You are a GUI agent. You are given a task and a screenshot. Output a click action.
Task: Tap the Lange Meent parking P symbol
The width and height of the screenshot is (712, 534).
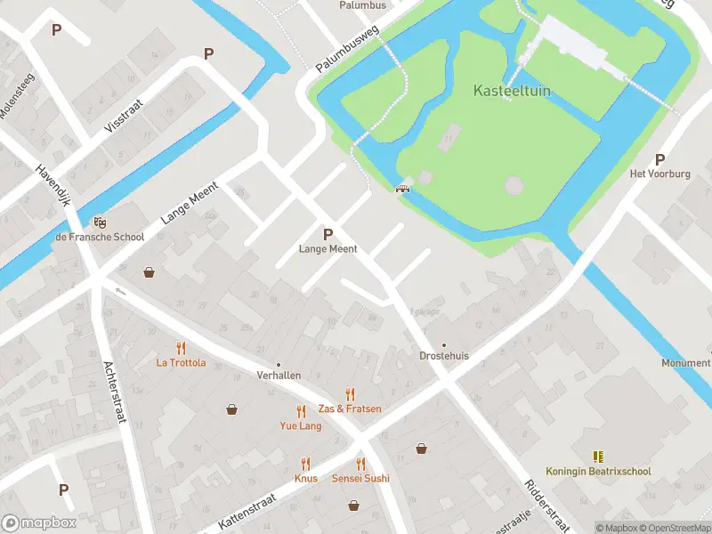tap(328, 235)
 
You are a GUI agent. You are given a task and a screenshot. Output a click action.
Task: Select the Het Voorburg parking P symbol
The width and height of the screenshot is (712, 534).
tap(659, 160)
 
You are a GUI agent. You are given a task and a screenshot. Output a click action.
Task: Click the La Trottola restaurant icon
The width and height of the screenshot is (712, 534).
tap(182, 348)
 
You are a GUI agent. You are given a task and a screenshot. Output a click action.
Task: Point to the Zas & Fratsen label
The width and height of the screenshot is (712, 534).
tap(350, 409)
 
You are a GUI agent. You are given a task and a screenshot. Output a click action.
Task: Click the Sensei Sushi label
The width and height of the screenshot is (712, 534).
tap(360, 479)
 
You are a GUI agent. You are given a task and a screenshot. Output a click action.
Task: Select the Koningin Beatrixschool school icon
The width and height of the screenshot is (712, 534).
tap(597, 457)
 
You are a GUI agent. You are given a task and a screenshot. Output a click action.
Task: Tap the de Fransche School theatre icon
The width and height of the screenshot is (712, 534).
tap(99, 222)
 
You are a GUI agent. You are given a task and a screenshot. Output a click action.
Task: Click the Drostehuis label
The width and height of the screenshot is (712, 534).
tap(444, 356)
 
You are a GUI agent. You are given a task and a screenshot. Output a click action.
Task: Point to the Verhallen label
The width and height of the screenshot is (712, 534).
tap(279, 376)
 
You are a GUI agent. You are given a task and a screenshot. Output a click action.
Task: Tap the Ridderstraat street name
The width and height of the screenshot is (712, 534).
tap(544, 507)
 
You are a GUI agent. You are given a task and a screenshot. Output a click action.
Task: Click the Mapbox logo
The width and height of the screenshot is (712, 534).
tap(37, 523)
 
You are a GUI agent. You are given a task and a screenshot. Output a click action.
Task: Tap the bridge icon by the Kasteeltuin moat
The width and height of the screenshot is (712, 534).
tap(403, 187)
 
